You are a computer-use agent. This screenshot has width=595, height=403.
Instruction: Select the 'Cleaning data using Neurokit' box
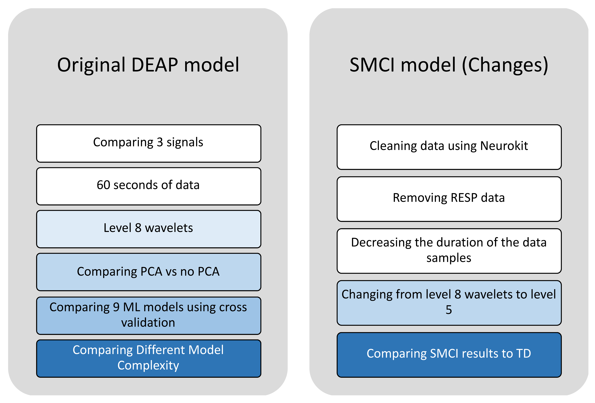[449, 147]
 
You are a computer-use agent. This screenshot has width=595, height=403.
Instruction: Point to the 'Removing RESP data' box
[449, 199]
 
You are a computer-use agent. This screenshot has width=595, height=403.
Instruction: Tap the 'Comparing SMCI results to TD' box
[449, 355]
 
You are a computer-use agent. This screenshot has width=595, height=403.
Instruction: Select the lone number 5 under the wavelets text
[449, 310]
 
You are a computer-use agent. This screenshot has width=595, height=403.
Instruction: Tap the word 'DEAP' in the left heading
[155, 65]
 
